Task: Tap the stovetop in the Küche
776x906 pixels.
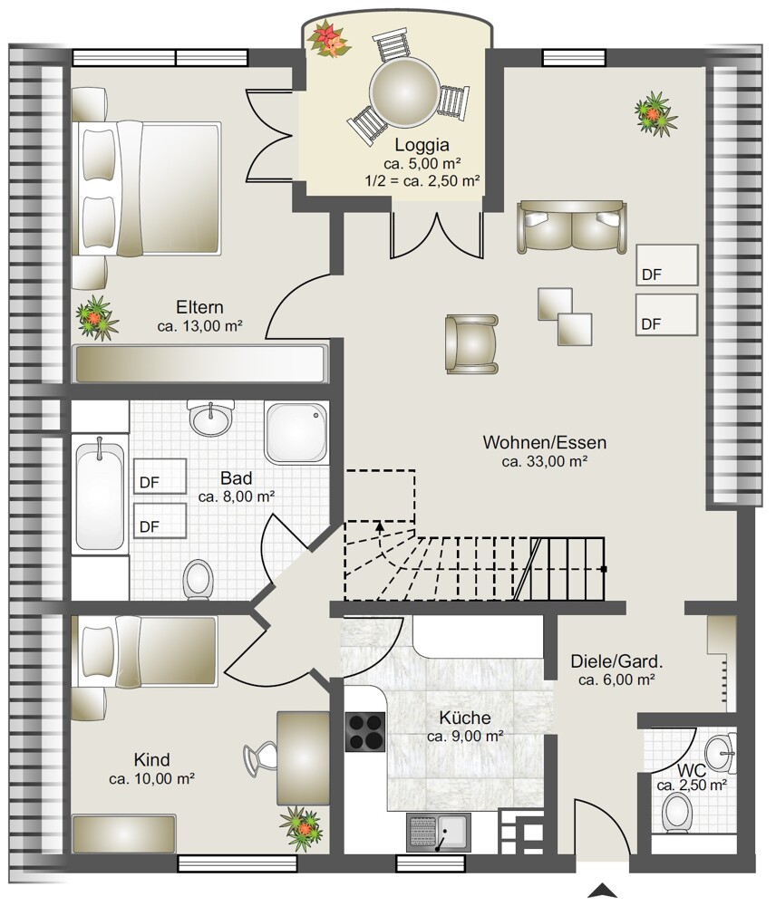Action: pos(364,732)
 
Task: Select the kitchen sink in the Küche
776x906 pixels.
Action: pos(438,833)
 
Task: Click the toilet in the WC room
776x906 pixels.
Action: pos(677,812)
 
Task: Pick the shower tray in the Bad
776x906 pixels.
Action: pos(296,432)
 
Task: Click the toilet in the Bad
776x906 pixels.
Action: pos(198,579)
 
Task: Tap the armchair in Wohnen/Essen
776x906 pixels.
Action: pos(471,343)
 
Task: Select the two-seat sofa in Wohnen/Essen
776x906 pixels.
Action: pos(572,226)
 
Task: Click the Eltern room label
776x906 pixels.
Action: pos(199,307)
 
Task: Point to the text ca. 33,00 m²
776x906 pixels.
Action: pos(545,462)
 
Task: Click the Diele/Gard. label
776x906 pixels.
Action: pos(616,661)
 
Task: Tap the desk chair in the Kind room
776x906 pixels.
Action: pos(260,757)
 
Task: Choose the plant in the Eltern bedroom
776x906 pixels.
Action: pos(97,317)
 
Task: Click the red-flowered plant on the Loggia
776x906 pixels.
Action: pos(328,39)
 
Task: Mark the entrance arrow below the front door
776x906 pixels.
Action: pos(603,890)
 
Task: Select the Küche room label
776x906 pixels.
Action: pos(465,718)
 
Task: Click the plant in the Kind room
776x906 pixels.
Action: pos(300,827)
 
